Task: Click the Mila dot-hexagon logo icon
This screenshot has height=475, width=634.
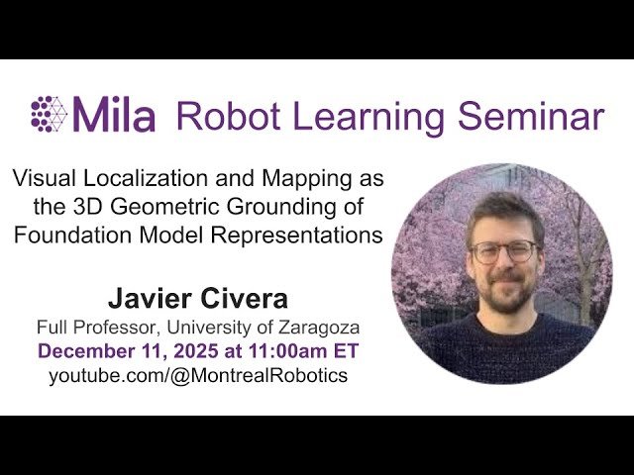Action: point(49,114)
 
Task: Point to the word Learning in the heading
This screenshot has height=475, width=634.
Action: point(360,117)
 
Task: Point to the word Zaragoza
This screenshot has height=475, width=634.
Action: point(319,328)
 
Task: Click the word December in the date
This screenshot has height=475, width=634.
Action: point(81,351)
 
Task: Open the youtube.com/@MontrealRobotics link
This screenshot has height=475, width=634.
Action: point(198,376)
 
